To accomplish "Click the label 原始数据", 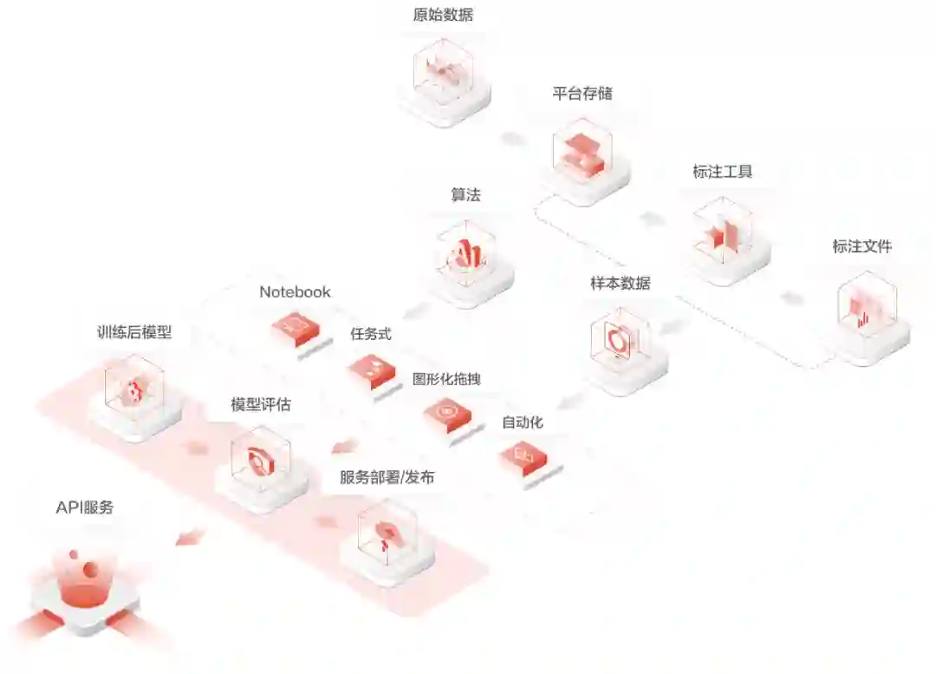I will (444, 15).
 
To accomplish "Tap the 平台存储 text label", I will (582, 94).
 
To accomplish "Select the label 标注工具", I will (722, 172).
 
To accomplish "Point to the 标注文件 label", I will (861, 246).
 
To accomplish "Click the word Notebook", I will (295, 292).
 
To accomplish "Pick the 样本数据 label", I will (621, 284).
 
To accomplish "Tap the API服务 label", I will (85, 508).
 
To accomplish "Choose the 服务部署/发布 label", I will (387, 477).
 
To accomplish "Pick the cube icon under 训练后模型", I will (134, 391).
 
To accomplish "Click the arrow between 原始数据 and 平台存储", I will (513, 139).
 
